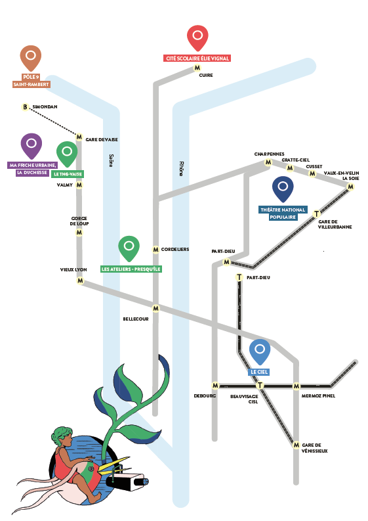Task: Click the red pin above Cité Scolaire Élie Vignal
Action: [197, 37]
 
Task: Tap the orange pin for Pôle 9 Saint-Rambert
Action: [31, 57]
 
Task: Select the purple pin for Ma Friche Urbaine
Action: [31, 146]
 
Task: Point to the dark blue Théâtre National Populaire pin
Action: [283, 189]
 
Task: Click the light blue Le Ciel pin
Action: [260, 351]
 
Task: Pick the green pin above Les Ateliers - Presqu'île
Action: [129, 248]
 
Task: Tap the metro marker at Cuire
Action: [197, 68]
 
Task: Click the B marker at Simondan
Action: [25, 107]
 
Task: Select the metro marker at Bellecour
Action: [155, 308]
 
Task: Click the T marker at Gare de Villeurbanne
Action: [316, 214]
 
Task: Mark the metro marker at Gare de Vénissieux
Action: [296, 445]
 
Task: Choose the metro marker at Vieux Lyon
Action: [80, 281]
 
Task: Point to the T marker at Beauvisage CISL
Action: [260, 386]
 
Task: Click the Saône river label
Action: [112, 160]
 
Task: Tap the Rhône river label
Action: [181, 168]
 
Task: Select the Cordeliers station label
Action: [175, 249]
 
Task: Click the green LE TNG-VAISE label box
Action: [68, 174]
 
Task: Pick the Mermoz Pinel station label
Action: [318, 396]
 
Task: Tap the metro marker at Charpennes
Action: [268, 162]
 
